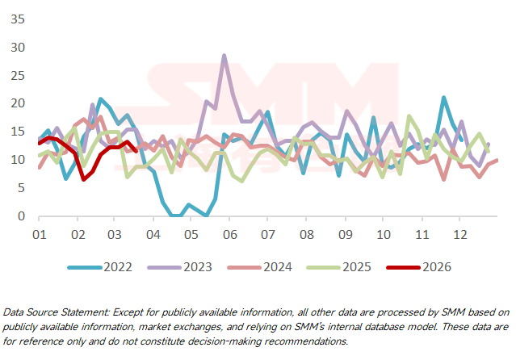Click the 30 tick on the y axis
pos(17,48)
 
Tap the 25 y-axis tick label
pos(17,76)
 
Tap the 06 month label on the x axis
pos(229,234)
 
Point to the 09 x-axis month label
pos(345,234)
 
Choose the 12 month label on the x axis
pos(460,234)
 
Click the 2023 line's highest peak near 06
pos(224,56)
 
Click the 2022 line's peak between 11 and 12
pos(443,98)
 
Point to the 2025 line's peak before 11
pos(409,116)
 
